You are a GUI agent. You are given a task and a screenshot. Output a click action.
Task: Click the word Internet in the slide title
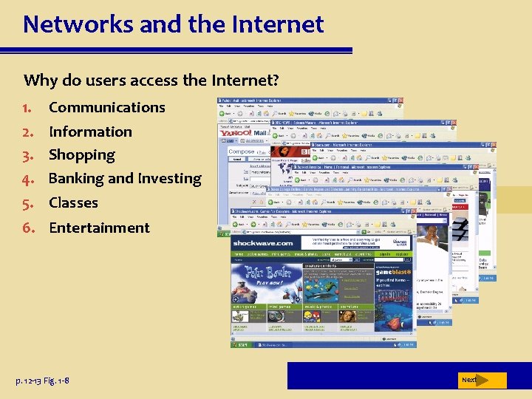[x=279, y=24]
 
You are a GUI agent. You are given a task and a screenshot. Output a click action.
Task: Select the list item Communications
[x=106, y=107]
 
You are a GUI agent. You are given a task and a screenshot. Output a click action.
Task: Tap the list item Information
[x=90, y=132]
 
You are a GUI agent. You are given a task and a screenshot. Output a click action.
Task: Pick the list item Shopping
[x=81, y=155]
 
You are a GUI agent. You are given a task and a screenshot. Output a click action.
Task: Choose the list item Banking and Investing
[x=124, y=179]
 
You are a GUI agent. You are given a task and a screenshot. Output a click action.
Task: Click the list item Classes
[x=73, y=202]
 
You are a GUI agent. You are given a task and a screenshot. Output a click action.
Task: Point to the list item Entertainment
[x=99, y=228]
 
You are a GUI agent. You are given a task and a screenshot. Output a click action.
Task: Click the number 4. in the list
[x=30, y=179]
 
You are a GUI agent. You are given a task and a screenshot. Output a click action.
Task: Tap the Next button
[x=470, y=380]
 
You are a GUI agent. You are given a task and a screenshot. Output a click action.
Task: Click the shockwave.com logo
[x=263, y=243]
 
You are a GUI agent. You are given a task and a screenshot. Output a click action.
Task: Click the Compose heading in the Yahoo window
[x=242, y=151]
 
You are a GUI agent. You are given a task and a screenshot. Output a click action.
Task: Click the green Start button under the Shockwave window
[x=242, y=344]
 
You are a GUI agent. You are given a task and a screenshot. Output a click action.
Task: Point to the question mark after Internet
[x=274, y=80]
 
